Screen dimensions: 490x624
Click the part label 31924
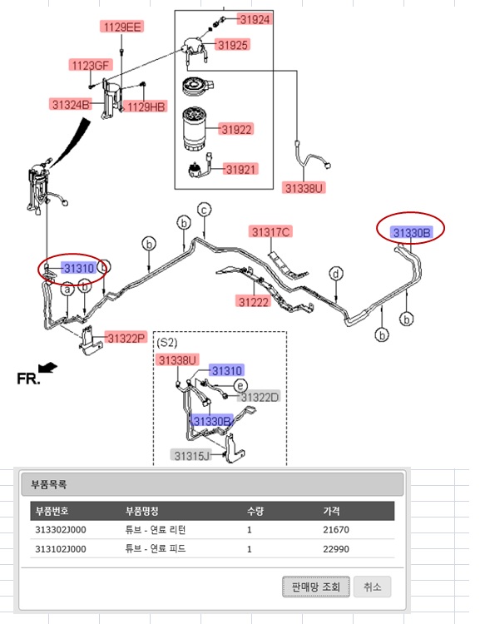tap(255, 19)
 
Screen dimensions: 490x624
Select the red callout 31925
tap(233, 45)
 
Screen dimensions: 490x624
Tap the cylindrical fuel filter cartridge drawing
tap(195, 128)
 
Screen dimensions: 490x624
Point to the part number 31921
tap(240, 169)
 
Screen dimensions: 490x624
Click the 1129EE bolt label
tap(121, 27)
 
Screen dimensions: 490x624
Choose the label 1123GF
tap(91, 65)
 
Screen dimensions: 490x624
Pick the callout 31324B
tap(71, 104)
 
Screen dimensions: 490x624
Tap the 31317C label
tap(270, 231)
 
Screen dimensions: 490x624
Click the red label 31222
tap(254, 301)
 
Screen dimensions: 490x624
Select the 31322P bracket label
tap(126, 338)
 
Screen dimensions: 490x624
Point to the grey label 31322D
tap(260, 397)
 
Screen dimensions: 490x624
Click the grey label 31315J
tap(191, 455)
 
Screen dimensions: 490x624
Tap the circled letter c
tap(204, 210)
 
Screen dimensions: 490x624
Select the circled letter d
tap(336, 274)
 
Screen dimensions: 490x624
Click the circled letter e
tap(240, 385)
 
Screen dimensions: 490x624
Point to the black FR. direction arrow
tap(47, 367)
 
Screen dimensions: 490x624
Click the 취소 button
tap(373, 587)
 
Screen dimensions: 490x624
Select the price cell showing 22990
tap(336, 549)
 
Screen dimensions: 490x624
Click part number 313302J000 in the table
tap(61, 530)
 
